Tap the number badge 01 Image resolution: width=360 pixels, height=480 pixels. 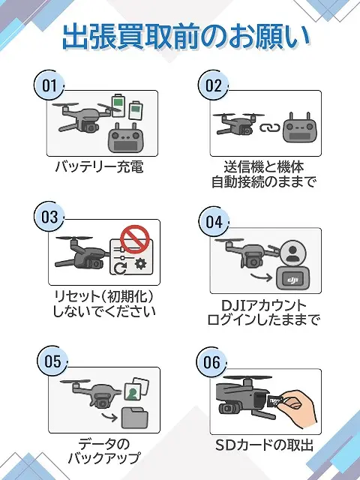pos(50,85)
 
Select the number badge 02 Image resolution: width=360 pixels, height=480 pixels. pos(214,85)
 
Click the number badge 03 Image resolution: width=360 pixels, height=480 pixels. pos(50,217)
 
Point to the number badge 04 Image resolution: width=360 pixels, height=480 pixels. pos(214,222)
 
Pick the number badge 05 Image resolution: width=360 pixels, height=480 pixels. pos(52,362)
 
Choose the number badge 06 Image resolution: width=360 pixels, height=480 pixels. pos(212,363)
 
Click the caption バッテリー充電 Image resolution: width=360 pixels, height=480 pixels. pos(99,166)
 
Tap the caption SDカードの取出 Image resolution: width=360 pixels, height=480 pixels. pos(262,446)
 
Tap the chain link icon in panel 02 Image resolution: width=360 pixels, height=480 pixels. pos(268,126)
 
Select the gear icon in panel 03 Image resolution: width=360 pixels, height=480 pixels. pos(139,266)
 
